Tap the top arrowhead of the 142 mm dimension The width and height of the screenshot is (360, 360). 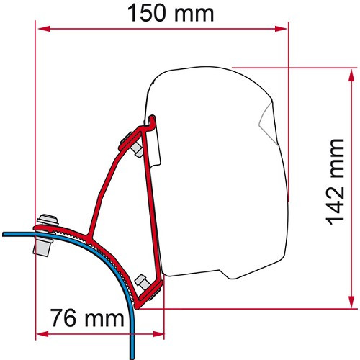(x=352, y=74)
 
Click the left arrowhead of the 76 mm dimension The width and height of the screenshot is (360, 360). (x=41, y=334)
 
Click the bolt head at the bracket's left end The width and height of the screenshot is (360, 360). (x=47, y=219)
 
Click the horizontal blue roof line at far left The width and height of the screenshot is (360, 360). (x=14, y=233)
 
